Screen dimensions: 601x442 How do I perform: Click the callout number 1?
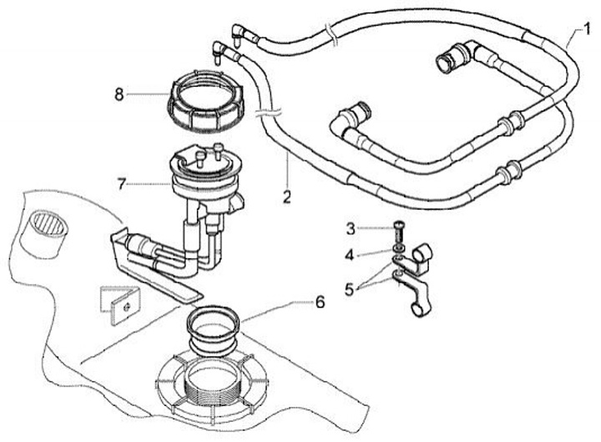click(x=587, y=30)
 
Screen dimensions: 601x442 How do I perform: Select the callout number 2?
click(x=287, y=197)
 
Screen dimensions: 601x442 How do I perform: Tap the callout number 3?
click(x=351, y=230)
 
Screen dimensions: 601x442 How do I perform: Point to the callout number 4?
click(x=349, y=255)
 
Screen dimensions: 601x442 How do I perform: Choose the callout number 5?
click(x=349, y=289)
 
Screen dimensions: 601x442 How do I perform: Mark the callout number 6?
click(x=320, y=302)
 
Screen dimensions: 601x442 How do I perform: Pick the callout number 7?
click(x=121, y=185)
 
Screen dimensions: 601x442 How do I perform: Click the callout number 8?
click(x=119, y=94)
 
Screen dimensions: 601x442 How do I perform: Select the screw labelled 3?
click(x=399, y=231)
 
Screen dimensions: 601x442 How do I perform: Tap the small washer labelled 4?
click(x=399, y=247)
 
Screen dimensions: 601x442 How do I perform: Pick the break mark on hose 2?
click(x=268, y=113)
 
